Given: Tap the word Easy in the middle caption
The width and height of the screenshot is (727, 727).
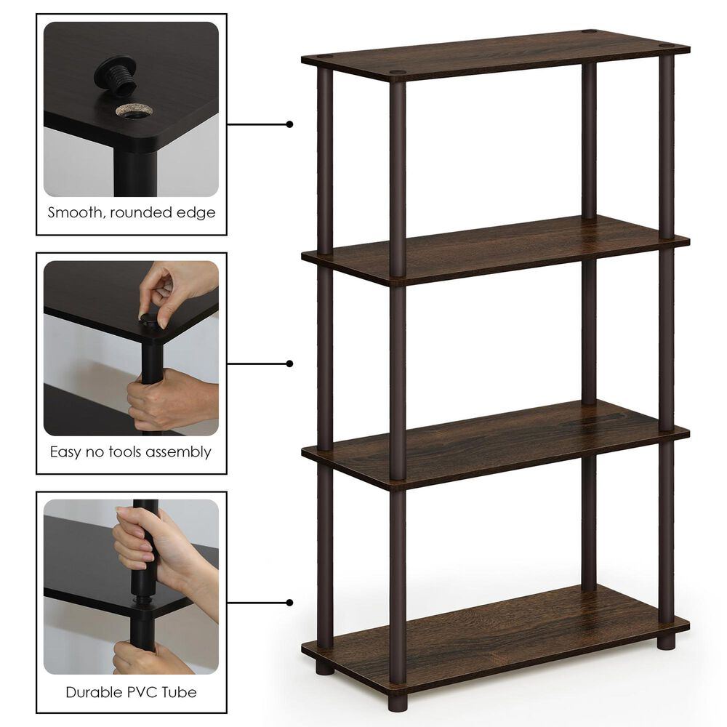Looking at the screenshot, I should tap(64, 451).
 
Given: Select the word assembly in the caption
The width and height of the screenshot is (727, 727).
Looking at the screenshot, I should tap(179, 452).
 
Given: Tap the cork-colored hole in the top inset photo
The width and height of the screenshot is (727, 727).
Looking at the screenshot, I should tap(134, 111).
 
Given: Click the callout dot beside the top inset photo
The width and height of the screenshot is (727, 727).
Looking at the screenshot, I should tap(289, 124).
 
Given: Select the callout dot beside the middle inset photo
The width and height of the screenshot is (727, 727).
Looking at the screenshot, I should tap(289, 363).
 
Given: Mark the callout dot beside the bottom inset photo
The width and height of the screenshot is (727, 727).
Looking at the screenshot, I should tap(289, 602).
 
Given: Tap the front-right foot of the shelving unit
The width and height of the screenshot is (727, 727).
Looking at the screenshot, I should tap(665, 642).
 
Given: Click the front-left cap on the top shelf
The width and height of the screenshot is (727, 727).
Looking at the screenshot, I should tap(398, 73).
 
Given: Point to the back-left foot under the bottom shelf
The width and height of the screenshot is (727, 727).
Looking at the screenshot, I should tap(325, 667).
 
